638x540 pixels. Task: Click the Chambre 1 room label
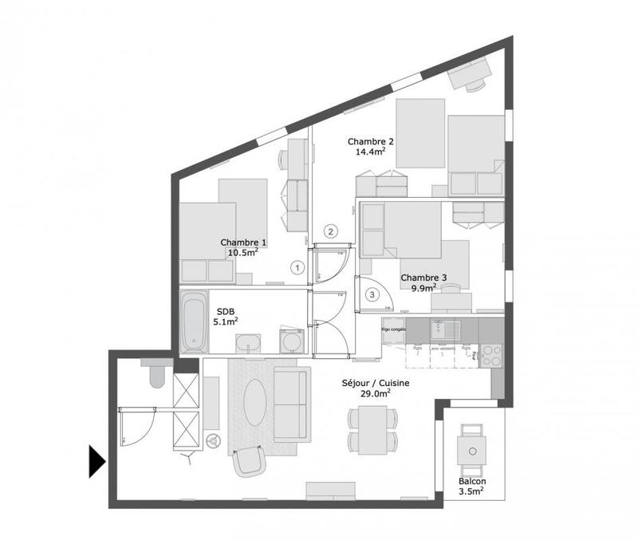243,242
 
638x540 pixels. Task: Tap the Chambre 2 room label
371,141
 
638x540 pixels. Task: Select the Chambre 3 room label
423,278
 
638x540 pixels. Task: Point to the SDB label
224,313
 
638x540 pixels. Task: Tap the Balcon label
472,483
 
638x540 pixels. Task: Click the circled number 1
297,268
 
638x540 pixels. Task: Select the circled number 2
329,232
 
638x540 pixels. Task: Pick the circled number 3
372,294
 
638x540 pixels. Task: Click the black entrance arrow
96,462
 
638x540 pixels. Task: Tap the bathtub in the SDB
192,321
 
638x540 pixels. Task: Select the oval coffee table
255,400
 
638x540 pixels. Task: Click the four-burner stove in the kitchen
490,354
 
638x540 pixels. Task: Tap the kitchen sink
438,328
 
